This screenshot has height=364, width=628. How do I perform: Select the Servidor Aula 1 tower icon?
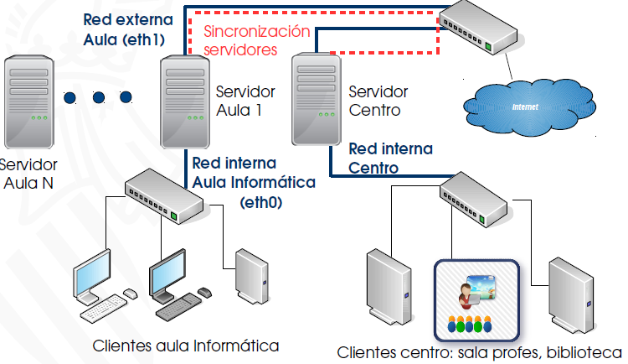pyautogui.click(x=186, y=98)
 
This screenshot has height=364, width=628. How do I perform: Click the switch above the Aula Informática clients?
pyautogui.click(x=162, y=196)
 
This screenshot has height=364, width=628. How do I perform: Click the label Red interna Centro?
pyautogui.click(x=391, y=158)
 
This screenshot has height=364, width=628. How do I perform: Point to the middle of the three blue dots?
pyautogui.click(x=98, y=96)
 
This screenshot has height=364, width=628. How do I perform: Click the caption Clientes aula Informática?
pyautogui.click(x=185, y=346)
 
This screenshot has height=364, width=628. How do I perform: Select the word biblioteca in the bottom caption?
pyautogui.click(x=584, y=351)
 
